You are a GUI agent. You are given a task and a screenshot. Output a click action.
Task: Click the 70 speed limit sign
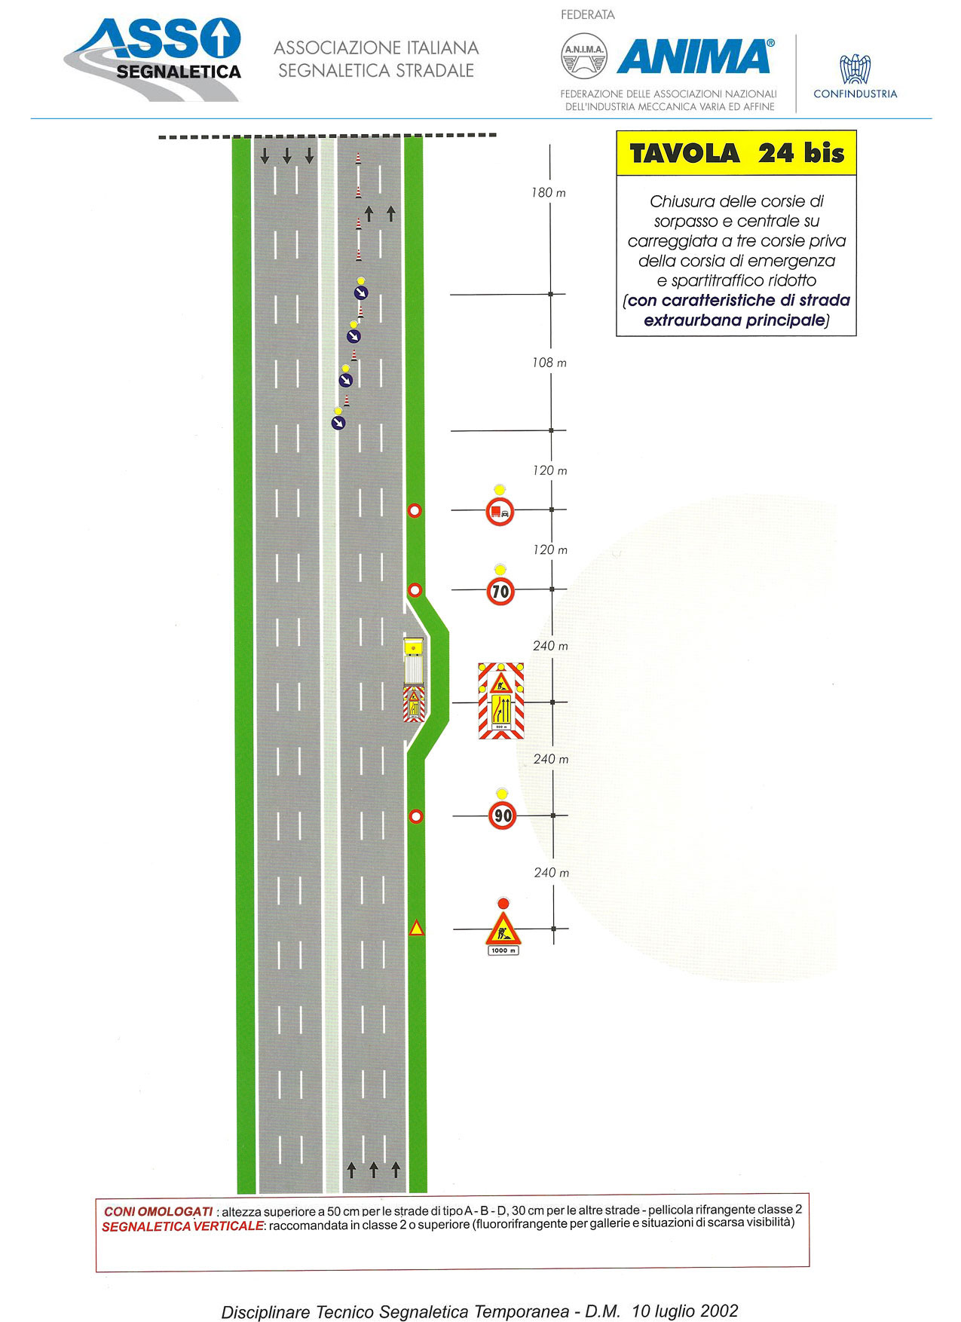point(500,591)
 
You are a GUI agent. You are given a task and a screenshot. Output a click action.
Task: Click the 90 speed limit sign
point(503,816)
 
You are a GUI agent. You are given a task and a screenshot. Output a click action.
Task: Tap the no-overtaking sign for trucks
point(500,512)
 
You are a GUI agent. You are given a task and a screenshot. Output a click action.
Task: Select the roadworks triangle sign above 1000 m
point(503,929)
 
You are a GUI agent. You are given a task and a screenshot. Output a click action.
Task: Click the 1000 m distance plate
point(503,950)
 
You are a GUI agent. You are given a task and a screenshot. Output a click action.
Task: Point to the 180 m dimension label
point(549,193)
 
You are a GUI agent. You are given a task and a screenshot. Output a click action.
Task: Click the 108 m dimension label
point(549,363)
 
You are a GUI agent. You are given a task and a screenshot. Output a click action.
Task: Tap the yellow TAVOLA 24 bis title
point(736,154)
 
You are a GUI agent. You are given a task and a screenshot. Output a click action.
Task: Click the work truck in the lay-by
point(414,679)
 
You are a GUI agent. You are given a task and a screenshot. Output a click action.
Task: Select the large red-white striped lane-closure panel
point(501,701)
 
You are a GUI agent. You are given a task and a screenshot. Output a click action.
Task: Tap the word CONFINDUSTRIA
point(855,94)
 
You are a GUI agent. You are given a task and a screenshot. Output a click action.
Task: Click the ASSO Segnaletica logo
point(152,58)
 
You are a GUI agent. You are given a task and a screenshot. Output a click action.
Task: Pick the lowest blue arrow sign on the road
point(338,423)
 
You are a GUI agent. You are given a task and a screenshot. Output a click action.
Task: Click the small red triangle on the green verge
point(416,929)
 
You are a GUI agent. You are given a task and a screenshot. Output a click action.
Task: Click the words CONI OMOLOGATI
point(158,1211)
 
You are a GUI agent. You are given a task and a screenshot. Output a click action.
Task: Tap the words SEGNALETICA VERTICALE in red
point(182,1226)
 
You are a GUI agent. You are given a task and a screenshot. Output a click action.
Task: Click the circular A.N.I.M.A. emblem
point(584,55)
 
